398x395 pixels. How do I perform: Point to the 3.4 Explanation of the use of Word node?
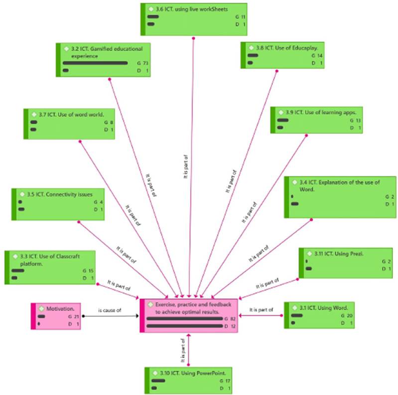click(340, 196)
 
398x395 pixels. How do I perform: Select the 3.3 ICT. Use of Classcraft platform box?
click(51, 268)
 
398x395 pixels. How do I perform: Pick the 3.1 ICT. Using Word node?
click(319, 314)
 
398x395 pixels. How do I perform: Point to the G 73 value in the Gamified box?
click(142, 64)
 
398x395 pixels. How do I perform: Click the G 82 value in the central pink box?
click(230, 319)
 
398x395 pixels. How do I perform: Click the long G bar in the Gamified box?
click(95, 64)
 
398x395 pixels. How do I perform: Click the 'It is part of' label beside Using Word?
click(261, 310)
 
